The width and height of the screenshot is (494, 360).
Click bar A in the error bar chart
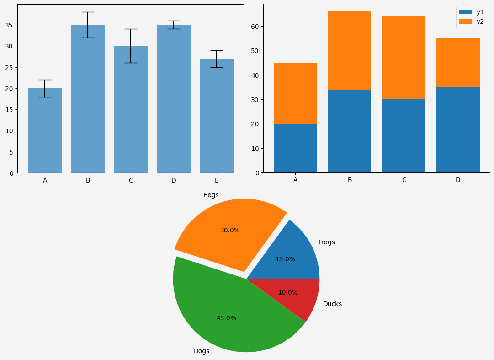[45, 133]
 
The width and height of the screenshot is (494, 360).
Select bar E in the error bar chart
[217, 119]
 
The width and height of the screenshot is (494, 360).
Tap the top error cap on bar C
[131, 29]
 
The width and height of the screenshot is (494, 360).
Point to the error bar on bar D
[174, 25]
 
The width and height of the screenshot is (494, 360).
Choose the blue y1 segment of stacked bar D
[458, 130]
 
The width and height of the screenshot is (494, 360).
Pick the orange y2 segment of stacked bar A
[295, 93]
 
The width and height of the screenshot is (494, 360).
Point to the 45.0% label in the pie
[226, 318]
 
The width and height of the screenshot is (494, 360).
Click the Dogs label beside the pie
[202, 351]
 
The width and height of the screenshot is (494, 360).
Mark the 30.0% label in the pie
[230, 230]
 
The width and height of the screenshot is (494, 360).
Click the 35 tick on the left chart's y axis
[11, 25]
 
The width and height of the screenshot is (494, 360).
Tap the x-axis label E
[217, 180]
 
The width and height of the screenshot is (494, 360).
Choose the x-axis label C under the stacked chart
[404, 180]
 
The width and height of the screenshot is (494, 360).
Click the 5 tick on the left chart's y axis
[12, 152]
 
